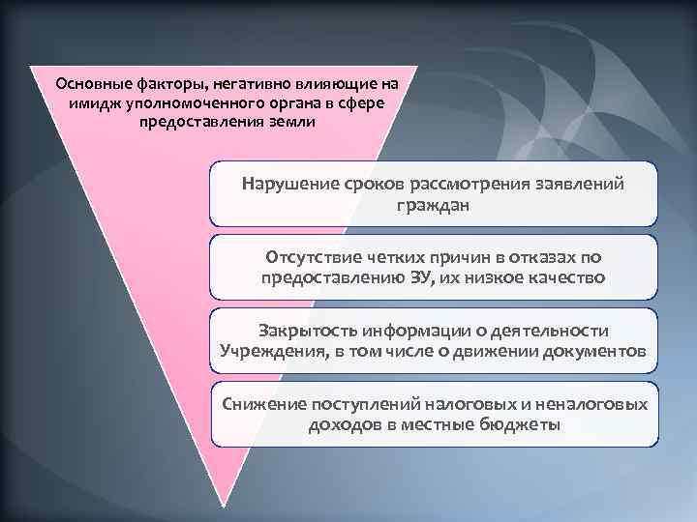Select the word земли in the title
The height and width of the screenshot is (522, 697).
[x=289, y=123]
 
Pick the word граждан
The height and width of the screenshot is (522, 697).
[x=433, y=205]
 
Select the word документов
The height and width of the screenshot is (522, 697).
[x=589, y=350]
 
